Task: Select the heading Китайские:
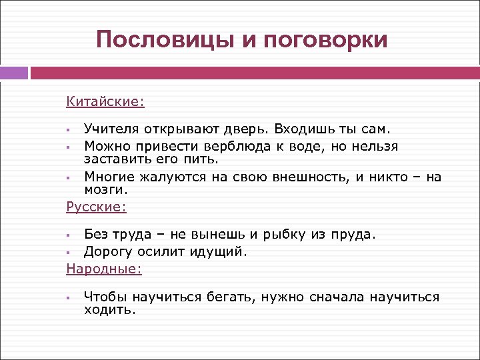coord(105,101)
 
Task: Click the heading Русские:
coord(96,207)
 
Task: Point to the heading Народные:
coord(104,269)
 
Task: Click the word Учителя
coord(111,127)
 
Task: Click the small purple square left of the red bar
coord(14,73)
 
